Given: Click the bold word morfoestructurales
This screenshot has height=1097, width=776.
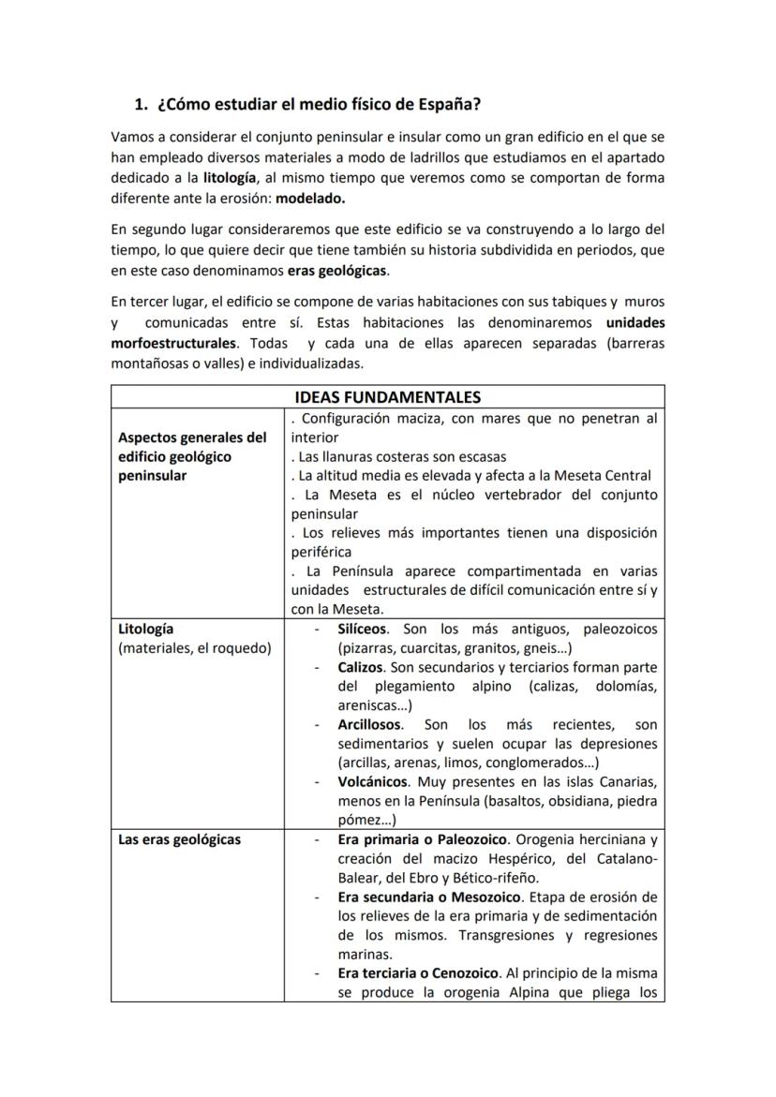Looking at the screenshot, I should (x=173, y=343).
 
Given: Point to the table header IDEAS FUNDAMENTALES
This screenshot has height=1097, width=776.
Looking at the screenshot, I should (x=388, y=397).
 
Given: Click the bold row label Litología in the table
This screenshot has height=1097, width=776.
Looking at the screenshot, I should (x=145, y=629).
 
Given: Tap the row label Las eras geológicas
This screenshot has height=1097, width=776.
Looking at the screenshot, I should (x=179, y=839).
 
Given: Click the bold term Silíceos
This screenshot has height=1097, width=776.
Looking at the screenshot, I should (x=363, y=629).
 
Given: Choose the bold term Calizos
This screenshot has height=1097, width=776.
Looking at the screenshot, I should (x=361, y=667).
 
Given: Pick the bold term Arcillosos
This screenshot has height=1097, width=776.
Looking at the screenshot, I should (x=370, y=724).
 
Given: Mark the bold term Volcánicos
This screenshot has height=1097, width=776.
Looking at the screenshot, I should (x=373, y=781).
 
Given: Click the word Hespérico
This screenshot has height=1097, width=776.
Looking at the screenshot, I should (x=514, y=859).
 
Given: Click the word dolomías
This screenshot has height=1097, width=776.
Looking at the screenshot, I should (x=627, y=686).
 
